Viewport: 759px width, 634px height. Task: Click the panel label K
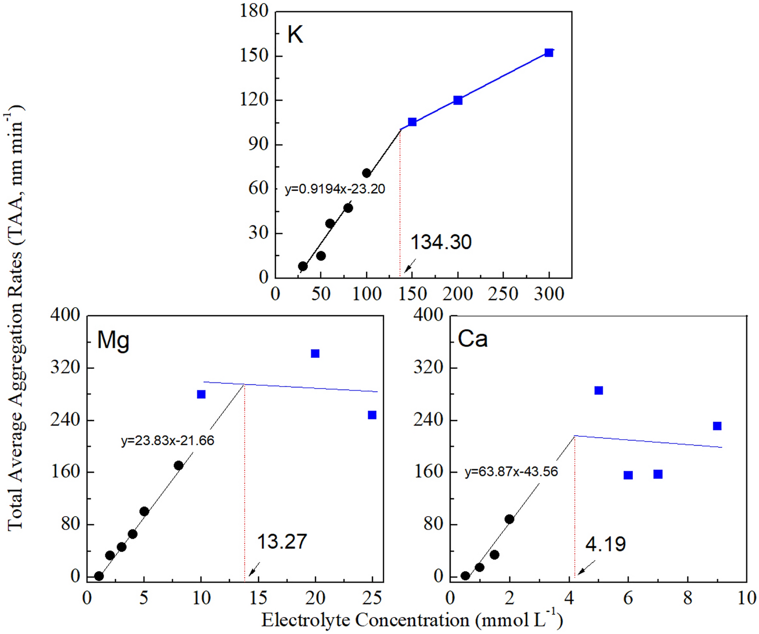coord(295,34)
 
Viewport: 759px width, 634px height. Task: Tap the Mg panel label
coord(113,340)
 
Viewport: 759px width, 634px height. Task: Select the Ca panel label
coord(472,339)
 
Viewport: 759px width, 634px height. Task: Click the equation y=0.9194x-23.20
coord(335,189)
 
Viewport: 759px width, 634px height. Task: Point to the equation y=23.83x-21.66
coord(168,440)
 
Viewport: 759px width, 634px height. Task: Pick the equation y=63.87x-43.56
coord(511,472)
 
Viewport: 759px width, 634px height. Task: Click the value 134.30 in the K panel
coord(441,242)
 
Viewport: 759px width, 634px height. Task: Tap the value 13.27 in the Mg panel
coord(282,541)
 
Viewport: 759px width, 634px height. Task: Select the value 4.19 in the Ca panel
coord(606,544)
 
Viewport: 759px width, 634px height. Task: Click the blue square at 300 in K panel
coord(549,53)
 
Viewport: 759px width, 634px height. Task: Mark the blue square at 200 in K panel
coord(458,100)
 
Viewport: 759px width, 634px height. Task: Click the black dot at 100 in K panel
coord(367,174)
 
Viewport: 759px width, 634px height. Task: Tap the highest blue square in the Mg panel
coord(315,354)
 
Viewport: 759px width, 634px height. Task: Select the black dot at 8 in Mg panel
coord(178,466)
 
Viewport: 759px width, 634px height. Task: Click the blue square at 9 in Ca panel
coord(717,426)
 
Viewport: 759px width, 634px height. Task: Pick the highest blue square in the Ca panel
coord(598,391)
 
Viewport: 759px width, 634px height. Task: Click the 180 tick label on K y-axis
coord(254,11)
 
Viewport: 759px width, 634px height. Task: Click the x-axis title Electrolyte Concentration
coord(412,620)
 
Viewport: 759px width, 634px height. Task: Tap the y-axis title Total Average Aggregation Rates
coord(15,317)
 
